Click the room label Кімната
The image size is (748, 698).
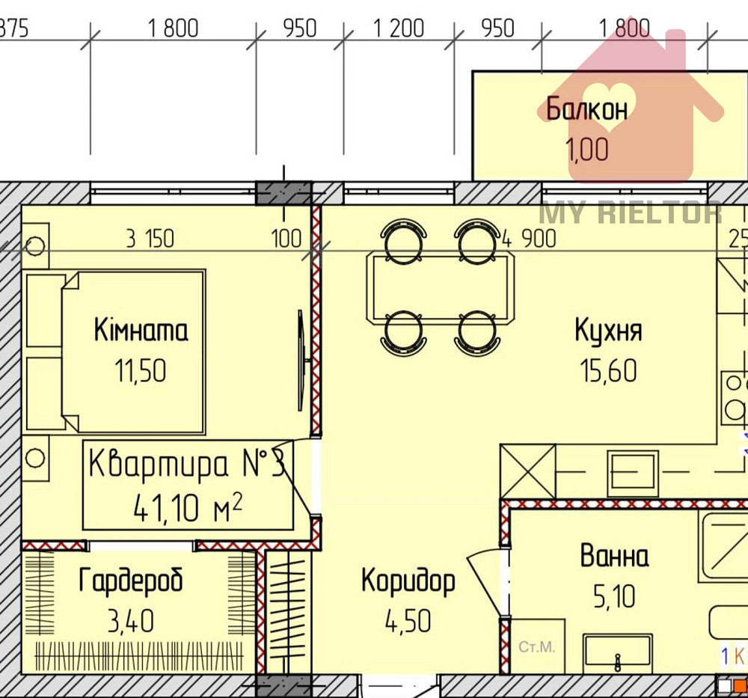pos(141,330)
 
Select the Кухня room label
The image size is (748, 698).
pos(608,330)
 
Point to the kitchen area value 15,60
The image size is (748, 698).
pos(608,370)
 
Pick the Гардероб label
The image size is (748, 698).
pos(131,580)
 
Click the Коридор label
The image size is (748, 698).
pos(408,580)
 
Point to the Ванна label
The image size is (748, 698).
pos(614,557)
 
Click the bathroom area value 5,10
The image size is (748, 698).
pos(614,596)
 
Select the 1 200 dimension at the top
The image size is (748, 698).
pos(399,28)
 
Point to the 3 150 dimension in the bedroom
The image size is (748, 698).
pos(150,239)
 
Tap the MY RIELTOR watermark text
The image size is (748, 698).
pos(631,212)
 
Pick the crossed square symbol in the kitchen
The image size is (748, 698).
pos(527,471)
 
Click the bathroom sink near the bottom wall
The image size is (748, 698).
pos(618,652)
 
